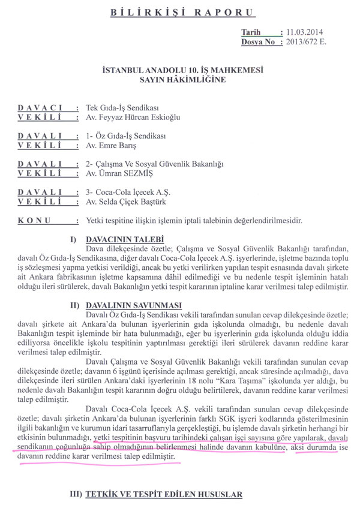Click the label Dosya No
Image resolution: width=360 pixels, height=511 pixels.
click(261, 43)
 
